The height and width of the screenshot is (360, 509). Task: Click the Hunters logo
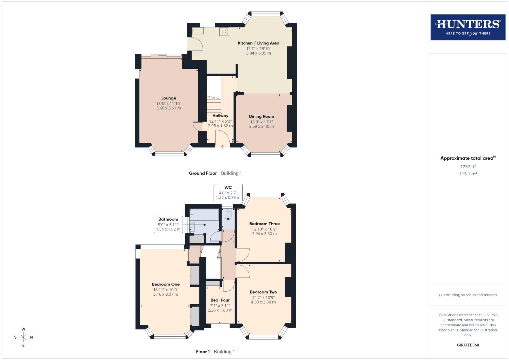[468, 27]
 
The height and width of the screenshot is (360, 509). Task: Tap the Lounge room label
[169, 98]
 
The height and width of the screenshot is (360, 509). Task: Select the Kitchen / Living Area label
[258, 43]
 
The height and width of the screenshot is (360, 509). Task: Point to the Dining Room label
[261, 116]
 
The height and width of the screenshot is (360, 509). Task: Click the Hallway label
[220, 116]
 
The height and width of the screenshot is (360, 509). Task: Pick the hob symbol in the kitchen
[224, 32]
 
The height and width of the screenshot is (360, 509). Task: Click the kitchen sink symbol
[198, 31]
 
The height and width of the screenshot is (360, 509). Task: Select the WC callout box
[228, 192]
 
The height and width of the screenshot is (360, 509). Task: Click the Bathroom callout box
[168, 224]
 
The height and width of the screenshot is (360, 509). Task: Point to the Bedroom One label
[166, 284]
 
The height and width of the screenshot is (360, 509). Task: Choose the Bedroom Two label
[263, 292]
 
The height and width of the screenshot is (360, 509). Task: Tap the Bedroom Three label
[264, 224]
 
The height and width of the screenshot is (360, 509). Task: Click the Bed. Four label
[220, 300]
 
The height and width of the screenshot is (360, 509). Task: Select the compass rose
[23, 337]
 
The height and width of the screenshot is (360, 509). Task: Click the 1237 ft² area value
[468, 167]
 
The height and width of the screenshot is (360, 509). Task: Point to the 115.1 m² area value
[468, 174]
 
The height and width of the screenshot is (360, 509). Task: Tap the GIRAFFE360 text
[468, 345]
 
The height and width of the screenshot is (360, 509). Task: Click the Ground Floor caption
[203, 173]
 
